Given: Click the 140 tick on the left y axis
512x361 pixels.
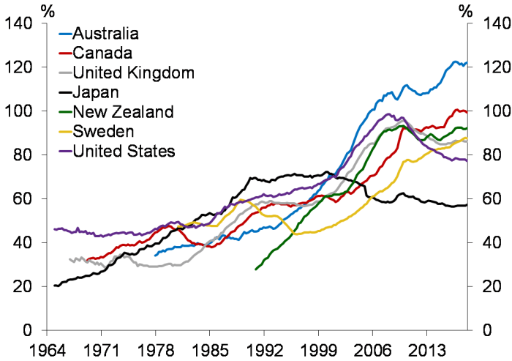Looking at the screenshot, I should click(21, 23).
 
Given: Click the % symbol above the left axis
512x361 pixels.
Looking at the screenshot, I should click(48, 10).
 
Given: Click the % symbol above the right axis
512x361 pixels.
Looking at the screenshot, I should click(464, 10).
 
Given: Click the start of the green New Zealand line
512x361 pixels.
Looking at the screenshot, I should click(256, 269).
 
